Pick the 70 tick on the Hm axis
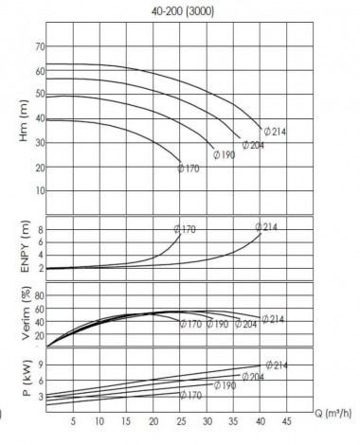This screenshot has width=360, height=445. [39, 46]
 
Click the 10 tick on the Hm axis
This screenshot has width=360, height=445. [39, 190]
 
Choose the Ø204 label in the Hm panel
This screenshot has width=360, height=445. [253, 145]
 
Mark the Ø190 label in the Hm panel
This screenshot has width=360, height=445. [225, 154]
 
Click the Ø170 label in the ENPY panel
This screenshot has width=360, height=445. [185, 229]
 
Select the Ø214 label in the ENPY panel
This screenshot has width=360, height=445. [266, 227]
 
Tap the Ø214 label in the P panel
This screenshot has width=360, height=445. [276, 365]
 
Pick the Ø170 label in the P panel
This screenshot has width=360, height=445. [191, 395]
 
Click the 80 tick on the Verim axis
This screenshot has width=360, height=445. [39, 295]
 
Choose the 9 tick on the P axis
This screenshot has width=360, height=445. [41, 364]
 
